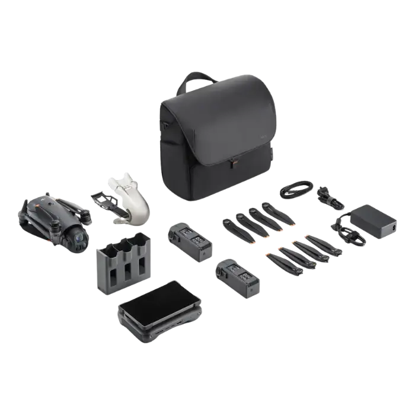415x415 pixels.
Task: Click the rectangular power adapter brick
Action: [x=373, y=219]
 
